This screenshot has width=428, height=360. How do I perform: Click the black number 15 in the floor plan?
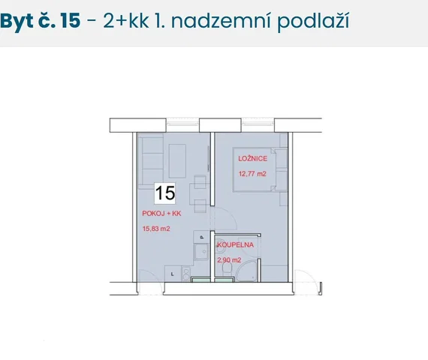tap(165, 193)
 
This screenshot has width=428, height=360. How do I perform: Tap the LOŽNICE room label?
tap(252, 158)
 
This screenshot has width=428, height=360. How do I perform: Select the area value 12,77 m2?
tap(252, 174)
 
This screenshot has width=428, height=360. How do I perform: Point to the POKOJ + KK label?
tap(161, 213)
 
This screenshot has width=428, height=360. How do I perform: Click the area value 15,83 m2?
tap(156, 229)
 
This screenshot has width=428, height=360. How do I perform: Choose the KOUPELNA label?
tap(236, 244)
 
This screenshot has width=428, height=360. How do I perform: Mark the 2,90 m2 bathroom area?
tap(229, 260)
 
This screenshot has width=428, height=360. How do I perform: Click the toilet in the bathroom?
tap(227, 268)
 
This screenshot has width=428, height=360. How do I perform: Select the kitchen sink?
tap(201, 251)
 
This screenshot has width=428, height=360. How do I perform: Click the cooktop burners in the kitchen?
tap(186, 273)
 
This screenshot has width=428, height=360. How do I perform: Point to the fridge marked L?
tap(173, 274)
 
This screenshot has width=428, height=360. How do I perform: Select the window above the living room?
tap(182, 124)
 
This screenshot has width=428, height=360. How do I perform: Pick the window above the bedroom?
tap(258, 124)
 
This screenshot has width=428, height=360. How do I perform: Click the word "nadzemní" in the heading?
tap(221, 21)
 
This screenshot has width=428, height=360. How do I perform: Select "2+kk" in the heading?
tap(126, 21)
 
